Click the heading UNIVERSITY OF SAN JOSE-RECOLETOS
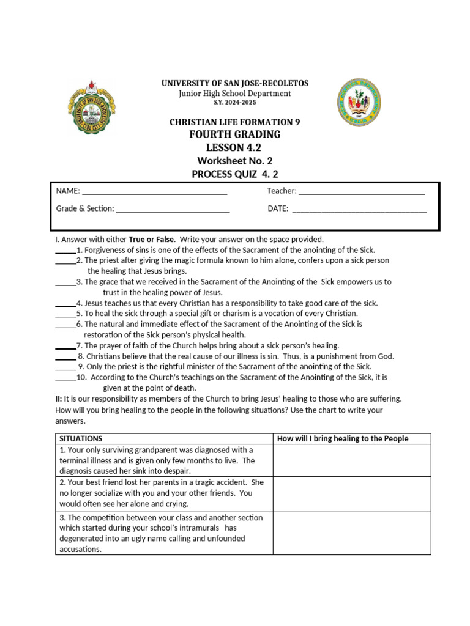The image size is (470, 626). click(234, 83)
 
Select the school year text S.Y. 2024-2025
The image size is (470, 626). click(234, 103)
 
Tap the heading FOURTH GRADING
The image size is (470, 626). click(234, 134)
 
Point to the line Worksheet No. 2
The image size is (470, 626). click(234, 161)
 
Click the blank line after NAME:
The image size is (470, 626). click(155, 192)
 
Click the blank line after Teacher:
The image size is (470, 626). click(362, 192)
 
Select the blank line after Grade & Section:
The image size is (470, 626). click(173, 210)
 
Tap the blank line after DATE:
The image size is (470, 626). click(359, 210)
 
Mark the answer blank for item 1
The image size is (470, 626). click(65, 251)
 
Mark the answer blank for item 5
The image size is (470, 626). click(65, 314)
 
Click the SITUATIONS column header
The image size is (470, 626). click(81, 439)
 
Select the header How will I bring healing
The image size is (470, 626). click(343, 439)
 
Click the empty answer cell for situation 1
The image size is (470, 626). click(352, 460)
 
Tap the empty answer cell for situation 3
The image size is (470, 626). click(352, 533)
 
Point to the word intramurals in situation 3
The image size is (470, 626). click(198, 528)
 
